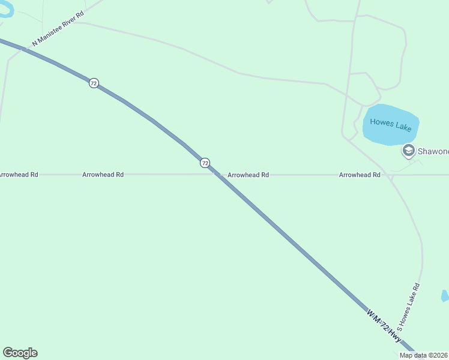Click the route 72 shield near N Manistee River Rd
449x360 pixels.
(94, 83)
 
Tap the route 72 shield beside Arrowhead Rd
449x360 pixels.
(205, 163)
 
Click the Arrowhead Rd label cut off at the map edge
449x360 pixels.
(19, 175)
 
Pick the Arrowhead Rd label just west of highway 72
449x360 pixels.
(103, 175)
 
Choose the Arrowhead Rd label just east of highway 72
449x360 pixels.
(248, 175)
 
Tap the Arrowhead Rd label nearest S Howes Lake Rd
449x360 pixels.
(360, 175)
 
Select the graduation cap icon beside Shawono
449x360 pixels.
(409, 151)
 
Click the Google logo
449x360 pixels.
(20, 353)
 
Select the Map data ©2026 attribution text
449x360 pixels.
(424, 355)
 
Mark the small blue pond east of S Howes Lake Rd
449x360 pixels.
(445, 296)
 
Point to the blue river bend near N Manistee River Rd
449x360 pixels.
(7, 12)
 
